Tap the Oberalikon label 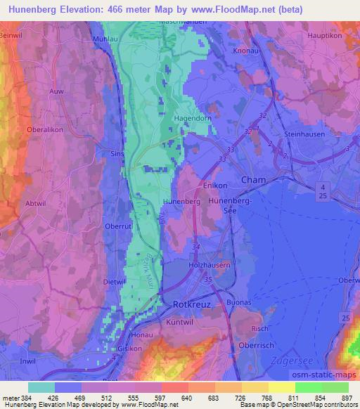coord(25,130)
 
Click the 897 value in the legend coord(347,397)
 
